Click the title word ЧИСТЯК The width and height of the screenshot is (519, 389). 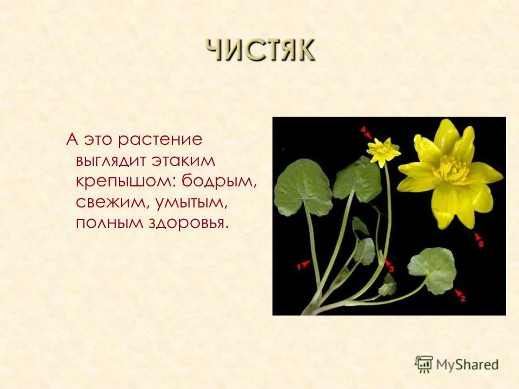(259, 51)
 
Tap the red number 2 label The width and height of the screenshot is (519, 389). (462, 297)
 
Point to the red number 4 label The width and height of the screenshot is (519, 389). (364, 130)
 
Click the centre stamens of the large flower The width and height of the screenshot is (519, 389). (450, 170)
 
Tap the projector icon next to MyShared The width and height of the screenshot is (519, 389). (424, 364)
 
